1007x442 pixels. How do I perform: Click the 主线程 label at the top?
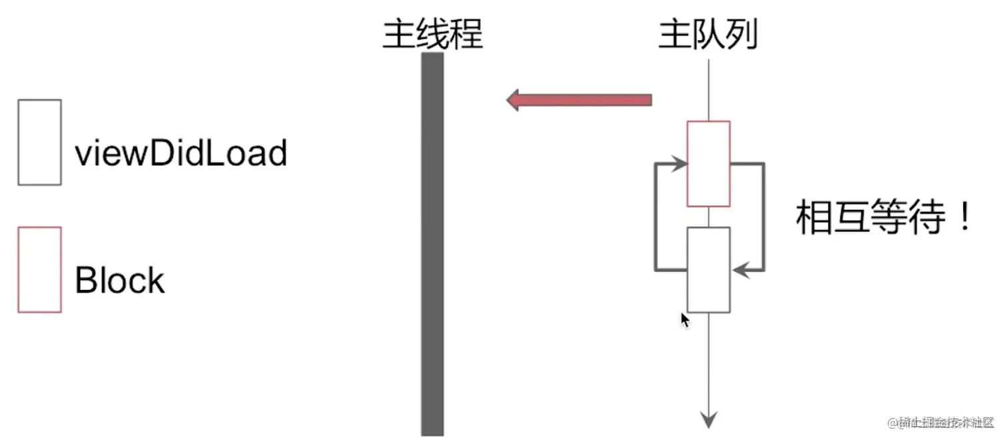[432, 34]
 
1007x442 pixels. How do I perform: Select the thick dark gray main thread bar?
[432, 243]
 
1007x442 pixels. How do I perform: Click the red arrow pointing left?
[579, 101]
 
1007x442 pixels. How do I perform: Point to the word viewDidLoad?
[180, 154]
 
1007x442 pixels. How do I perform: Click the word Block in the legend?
[119, 281]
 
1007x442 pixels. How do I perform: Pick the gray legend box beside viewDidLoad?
[40, 142]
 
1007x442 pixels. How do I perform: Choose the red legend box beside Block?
[40, 269]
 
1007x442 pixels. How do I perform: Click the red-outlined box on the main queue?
[709, 163]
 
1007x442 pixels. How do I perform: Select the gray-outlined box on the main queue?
[709, 269]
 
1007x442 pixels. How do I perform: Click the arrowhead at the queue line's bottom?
[709, 419]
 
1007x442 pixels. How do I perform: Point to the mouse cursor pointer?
[685, 319]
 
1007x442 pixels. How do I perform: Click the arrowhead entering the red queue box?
[680, 163]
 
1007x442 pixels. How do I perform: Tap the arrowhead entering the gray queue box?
[739, 270]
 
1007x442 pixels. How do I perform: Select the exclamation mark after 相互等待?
[965, 217]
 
